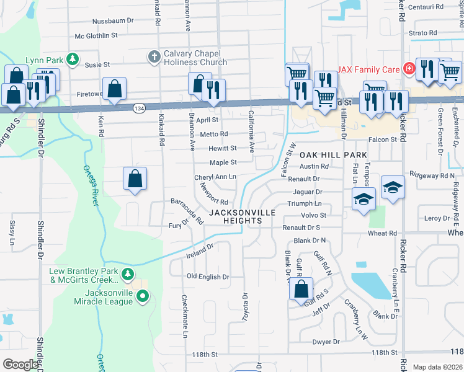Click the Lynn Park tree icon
[73, 60]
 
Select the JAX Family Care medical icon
[409, 69]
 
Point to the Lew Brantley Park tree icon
[127, 273]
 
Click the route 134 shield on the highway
[138, 108]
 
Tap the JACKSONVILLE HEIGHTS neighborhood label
[241, 217]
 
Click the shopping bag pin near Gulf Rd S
[301, 288]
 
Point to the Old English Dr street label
[208, 277]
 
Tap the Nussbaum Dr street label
[113, 20]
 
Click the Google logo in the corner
[20, 365]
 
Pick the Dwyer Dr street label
[326, 341]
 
